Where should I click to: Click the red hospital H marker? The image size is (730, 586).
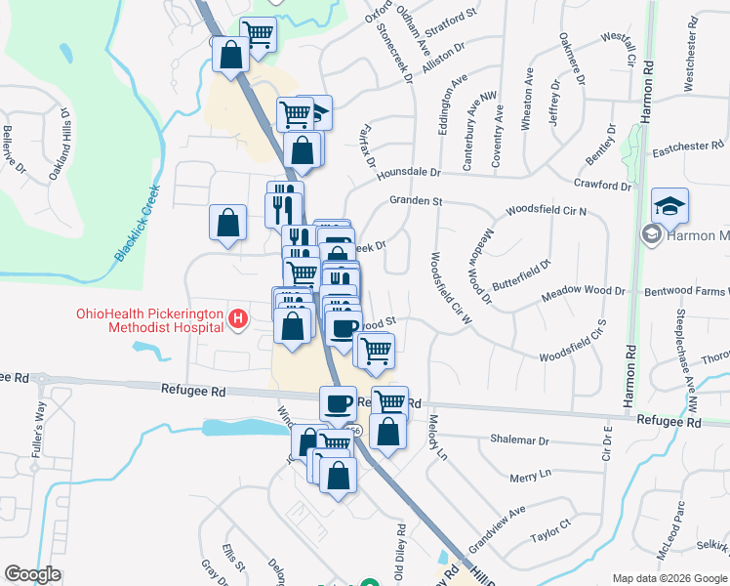tap(236, 318)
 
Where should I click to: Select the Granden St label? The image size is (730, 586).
tap(416, 201)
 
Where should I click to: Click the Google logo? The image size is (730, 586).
tap(33, 574)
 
